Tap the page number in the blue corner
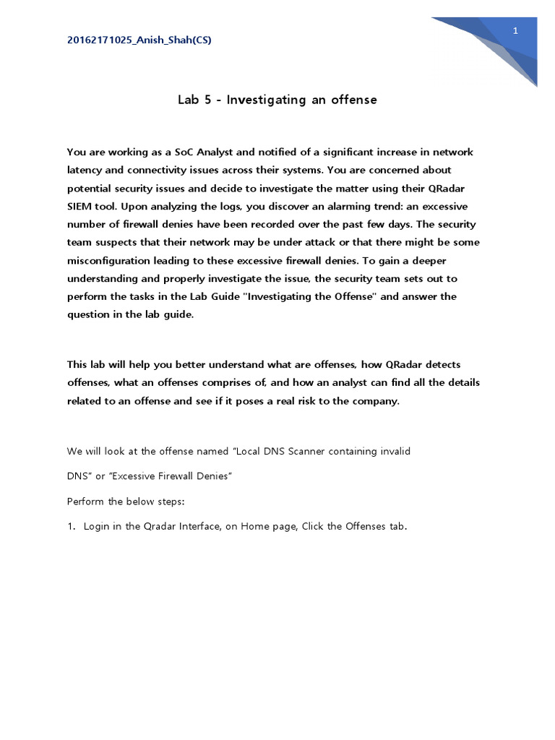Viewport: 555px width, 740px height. click(516, 30)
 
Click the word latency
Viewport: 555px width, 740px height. click(85, 170)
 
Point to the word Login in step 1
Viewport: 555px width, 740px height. click(98, 526)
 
